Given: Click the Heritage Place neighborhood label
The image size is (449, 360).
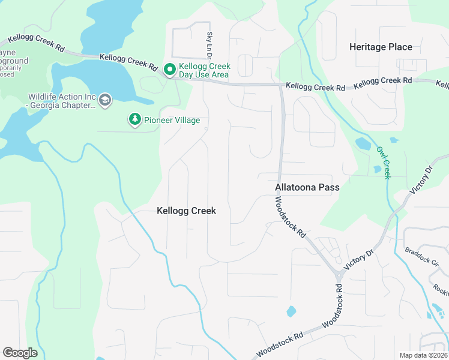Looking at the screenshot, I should pyautogui.click(x=381, y=47).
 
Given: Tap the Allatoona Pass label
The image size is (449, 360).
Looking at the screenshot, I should pyautogui.click(x=307, y=187).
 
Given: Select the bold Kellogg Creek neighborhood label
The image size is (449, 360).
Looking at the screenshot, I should pyautogui.click(x=186, y=211).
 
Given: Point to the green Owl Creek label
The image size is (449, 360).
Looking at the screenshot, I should pyautogui.click(x=384, y=163).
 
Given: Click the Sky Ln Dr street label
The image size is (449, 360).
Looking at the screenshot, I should pyautogui.click(x=210, y=46).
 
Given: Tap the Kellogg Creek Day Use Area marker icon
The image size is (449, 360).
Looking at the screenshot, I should pyautogui.click(x=170, y=70).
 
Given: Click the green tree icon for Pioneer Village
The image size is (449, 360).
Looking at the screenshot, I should pyautogui.click(x=135, y=120).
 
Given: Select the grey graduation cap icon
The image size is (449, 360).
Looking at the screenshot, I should pyautogui.click(x=105, y=99).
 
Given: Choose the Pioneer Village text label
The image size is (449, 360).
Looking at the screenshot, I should pyautogui.click(x=172, y=121).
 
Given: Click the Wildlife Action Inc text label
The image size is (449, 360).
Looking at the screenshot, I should pyautogui.click(x=62, y=101).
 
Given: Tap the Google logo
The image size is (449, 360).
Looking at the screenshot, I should pyautogui.click(x=20, y=352).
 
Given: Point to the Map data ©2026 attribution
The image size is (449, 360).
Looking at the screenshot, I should pyautogui.click(x=423, y=355).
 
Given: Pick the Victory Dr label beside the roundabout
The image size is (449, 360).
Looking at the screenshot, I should pyautogui.click(x=358, y=260).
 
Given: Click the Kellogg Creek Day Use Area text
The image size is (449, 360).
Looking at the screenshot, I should pyautogui.click(x=204, y=70).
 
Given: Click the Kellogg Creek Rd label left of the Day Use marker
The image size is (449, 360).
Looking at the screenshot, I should pyautogui.click(x=128, y=62).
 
